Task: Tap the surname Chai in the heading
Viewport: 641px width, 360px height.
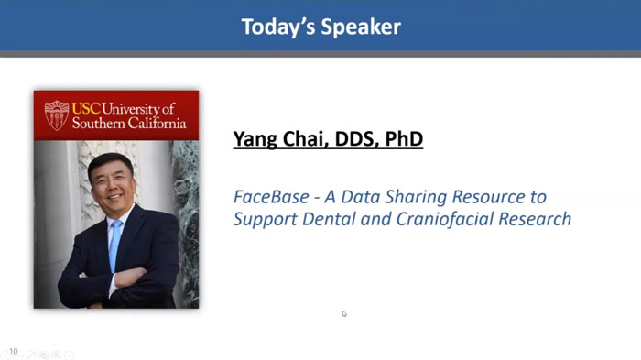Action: point(303,139)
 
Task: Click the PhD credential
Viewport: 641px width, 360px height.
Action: point(404,139)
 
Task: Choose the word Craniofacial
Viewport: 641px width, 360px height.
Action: point(438,219)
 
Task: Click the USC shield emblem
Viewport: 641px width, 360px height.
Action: point(57,115)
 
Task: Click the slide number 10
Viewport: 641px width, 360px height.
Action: point(13,350)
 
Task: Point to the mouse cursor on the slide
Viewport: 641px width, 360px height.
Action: point(344,313)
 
